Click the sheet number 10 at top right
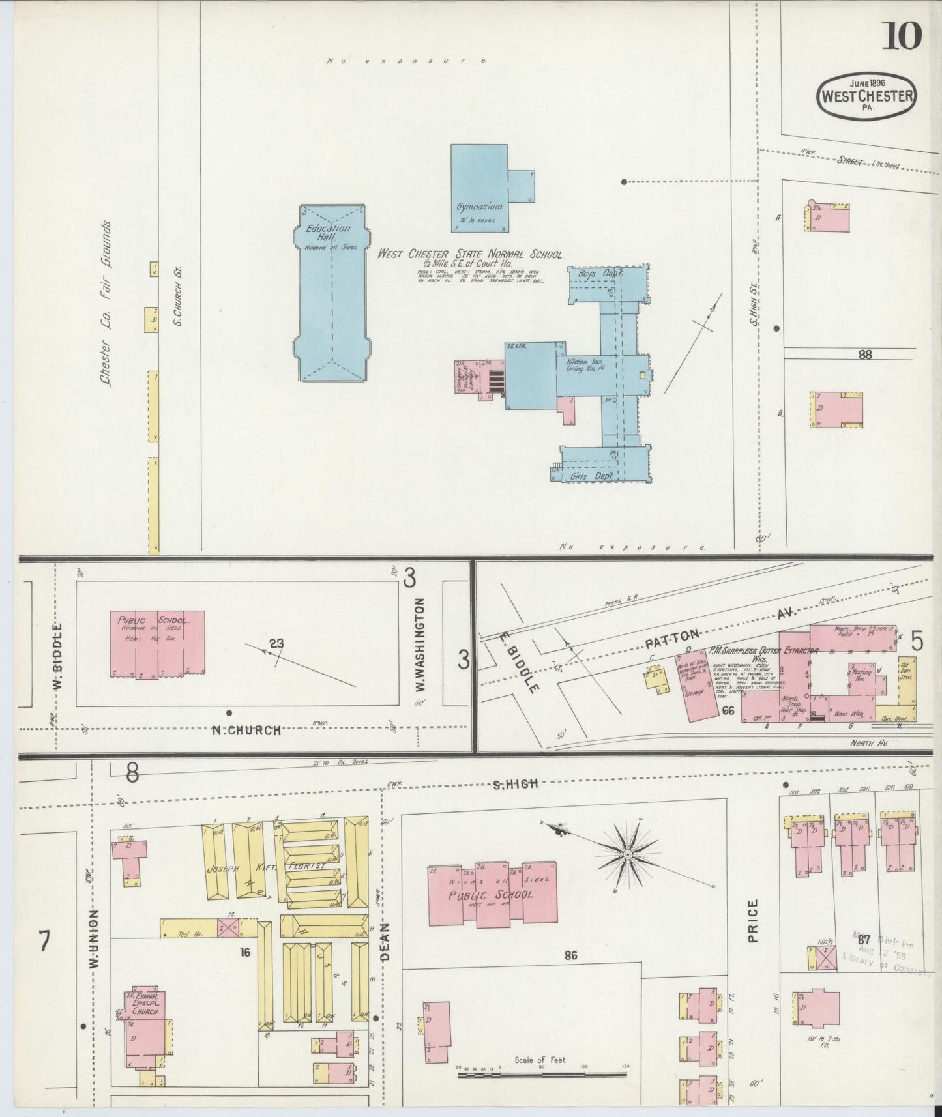903,36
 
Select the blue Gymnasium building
479,188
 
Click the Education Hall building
332,293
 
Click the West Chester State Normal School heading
471,254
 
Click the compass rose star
627,854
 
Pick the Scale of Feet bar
540,1075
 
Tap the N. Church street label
246,731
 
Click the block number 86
571,955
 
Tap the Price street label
753,921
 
